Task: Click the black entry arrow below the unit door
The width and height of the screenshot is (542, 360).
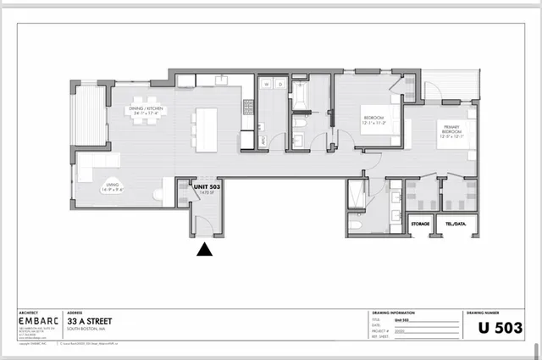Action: click(x=204, y=249)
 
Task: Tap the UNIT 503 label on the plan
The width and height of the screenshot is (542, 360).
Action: click(x=207, y=186)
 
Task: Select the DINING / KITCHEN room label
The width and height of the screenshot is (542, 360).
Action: click(x=145, y=110)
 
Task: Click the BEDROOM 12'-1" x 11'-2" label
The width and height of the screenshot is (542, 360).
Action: click(x=373, y=119)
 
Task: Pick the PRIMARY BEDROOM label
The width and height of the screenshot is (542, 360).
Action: click(x=448, y=131)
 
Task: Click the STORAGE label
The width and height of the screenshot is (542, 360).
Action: click(x=420, y=224)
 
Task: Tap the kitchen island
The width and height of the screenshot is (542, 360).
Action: click(x=204, y=128)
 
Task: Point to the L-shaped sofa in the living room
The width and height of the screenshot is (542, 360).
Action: click(x=93, y=165)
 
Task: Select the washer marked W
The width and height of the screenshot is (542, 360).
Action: click(x=265, y=85)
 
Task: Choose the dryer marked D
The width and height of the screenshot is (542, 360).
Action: click(x=278, y=85)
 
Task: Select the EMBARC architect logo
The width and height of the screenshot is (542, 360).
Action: click(x=39, y=322)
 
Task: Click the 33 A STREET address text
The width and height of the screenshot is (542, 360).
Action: click(x=91, y=322)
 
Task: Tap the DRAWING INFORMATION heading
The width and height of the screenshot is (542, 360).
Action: click(x=395, y=312)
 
